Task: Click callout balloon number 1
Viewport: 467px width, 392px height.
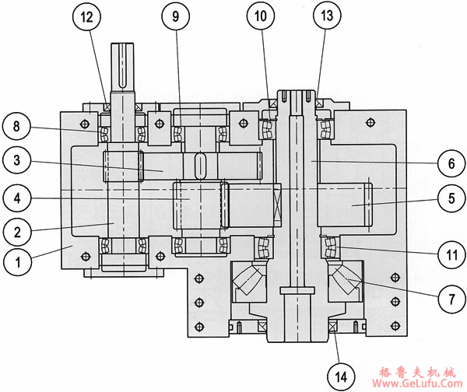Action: tap(16, 262)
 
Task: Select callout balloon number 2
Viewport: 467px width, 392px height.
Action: tap(16, 230)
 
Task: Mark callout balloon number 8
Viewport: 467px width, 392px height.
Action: tap(16, 124)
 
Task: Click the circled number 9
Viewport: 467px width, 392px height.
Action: tap(175, 16)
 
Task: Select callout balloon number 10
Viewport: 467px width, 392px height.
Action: tap(262, 16)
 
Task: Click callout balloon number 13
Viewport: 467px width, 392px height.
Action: tap(325, 16)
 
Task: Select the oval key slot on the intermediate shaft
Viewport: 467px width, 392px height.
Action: tap(199, 166)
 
